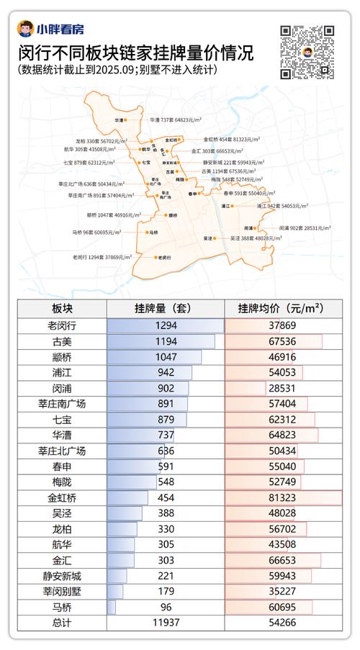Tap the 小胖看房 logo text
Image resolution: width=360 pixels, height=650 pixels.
click(x=60, y=30)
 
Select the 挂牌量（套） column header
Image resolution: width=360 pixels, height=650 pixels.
click(x=166, y=309)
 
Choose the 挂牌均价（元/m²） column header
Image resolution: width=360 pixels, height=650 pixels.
click(x=284, y=309)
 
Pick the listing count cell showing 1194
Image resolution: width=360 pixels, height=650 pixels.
click(x=166, y=341)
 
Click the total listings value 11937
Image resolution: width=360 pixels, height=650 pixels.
click(x=166, y=623)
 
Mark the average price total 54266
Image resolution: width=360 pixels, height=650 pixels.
click(x=284, y=623)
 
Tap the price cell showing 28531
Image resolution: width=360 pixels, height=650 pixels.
click(x=284, y=388)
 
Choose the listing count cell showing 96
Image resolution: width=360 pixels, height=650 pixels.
click(x=166, y=608)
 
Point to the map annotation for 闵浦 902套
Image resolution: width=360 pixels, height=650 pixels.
click(x=305, y=227)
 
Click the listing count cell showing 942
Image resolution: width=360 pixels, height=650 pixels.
click(x=166, y=373)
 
